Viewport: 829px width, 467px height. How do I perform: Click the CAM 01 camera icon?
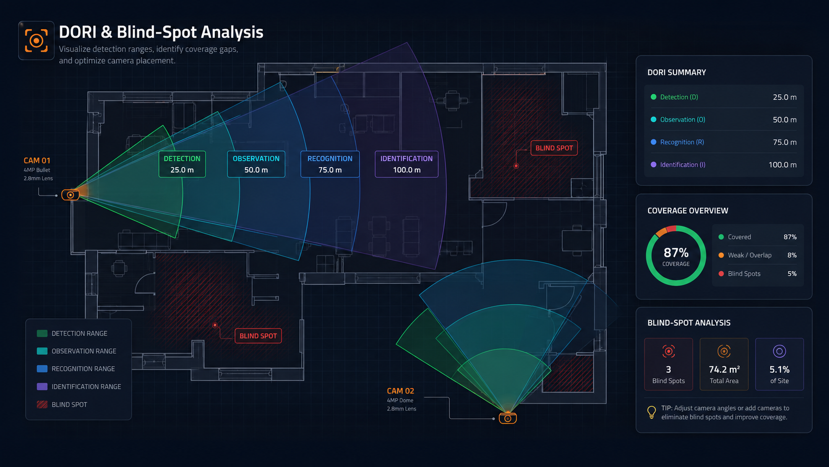coord(70,195)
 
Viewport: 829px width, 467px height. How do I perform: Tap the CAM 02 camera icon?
coord(508,418)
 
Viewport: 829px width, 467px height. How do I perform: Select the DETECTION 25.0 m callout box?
coord(182,164)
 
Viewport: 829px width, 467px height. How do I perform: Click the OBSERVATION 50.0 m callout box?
coord(256,164)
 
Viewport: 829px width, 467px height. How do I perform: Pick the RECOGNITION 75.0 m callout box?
coord(330,164)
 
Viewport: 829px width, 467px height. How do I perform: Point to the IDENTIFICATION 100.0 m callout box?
coord(407,164)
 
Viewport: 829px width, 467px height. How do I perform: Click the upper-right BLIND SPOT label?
coord(554,148)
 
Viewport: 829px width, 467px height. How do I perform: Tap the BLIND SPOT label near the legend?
coord(258,336)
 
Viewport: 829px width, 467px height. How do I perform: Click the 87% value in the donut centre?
coord(676,253)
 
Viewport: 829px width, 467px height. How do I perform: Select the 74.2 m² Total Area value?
coord(724,369)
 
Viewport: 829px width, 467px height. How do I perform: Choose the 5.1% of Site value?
coord(779,369)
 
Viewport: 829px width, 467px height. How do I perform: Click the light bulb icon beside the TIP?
coord(651,412)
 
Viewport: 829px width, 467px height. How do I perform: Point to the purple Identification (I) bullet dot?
coord(653,164)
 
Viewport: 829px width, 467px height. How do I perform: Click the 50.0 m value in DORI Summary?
coord(784,120)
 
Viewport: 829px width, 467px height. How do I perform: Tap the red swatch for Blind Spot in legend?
coord(42,404)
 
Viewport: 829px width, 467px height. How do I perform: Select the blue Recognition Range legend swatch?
coord(42,369)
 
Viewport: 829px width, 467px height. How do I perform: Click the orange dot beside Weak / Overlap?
coord(721,255)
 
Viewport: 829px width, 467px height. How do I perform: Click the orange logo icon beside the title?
coord(36,40)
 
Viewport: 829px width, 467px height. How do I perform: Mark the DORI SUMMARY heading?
coord(676,72)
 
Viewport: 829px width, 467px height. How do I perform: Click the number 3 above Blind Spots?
coord(668,369)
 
